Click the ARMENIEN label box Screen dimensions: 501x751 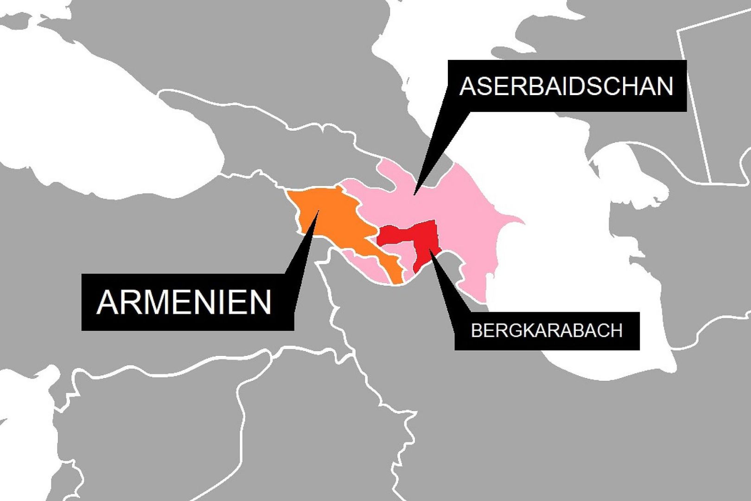point(187,302)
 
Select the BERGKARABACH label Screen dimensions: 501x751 point(547,331)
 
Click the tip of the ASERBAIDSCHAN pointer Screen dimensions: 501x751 point(414,193)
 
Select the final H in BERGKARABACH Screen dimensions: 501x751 point(616,331)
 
